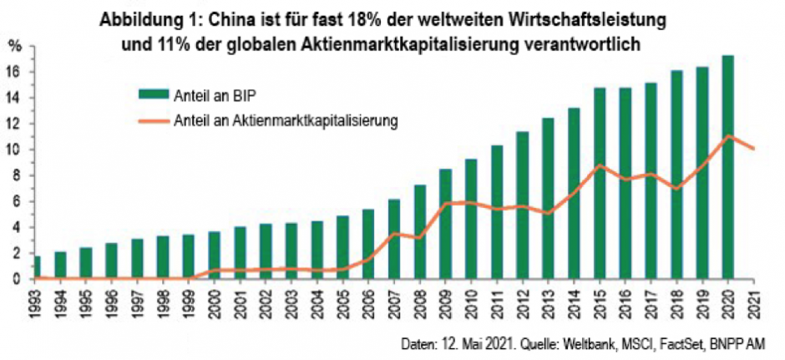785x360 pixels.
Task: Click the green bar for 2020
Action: click(x=728, y=167)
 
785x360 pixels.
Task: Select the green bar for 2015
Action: click(x=599, y=184)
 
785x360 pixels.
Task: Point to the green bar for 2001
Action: click(x=241, y=252)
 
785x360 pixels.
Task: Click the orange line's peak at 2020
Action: click(x=728, y=135)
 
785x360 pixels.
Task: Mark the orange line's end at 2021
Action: click(x=754, y=149)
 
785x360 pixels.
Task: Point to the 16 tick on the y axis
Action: click(x=14, y=72)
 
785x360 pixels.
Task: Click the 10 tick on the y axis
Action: click(x=14, y=150)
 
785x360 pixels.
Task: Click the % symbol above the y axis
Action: click(x=14, y=47)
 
